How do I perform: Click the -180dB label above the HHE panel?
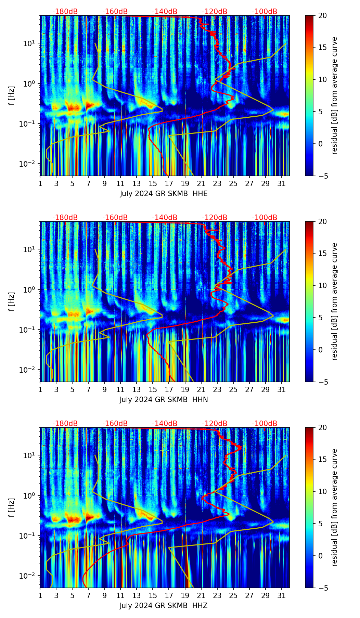click(65, 12)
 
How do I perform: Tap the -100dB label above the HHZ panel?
click(265, 424)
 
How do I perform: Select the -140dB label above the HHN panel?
click(165, 218)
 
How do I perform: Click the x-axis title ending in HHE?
click(164, 194)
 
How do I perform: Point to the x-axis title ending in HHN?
click(164, 400)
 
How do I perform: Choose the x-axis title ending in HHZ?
click(164, 606)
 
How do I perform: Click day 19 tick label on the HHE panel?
click(185, 184)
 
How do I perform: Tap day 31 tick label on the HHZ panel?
click(281, 596)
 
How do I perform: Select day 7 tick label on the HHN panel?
click(88, 390)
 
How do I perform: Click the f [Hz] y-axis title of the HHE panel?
click(12, 95)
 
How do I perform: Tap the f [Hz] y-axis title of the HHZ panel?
click(12, 507)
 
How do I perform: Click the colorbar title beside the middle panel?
click(334, 301)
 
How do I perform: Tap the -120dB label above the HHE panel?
click(215, 12)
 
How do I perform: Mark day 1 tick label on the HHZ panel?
click(40, 596)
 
